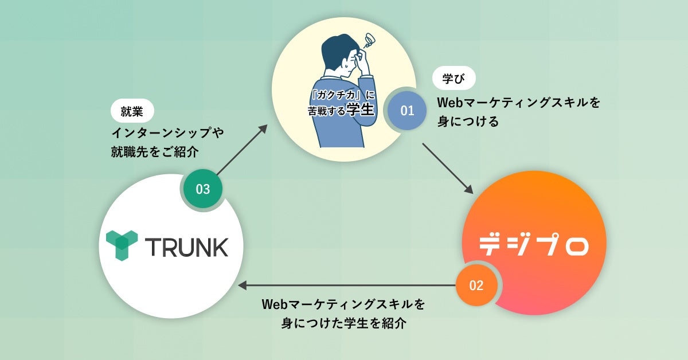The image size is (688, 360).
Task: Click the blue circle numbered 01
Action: coord(407,111)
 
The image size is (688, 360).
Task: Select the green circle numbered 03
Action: coord(203,189)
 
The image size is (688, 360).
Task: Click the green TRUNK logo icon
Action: coord(122,246)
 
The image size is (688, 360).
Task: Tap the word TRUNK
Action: coord(186,247)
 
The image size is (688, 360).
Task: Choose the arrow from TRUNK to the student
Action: coord(241,150)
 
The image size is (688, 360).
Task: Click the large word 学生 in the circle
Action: coord(360,109)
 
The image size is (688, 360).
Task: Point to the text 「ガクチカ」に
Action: coord(342,96)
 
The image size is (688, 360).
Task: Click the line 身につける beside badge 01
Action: coord(468,122)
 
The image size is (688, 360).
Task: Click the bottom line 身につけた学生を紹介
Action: coord(344,323)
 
